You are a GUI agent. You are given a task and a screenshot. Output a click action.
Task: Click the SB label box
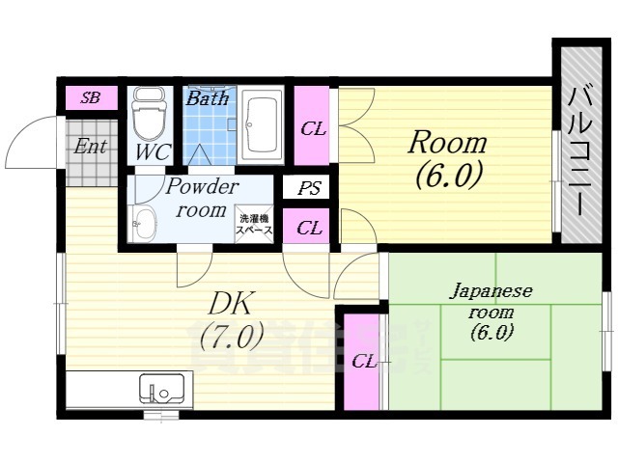pyautogui.click(x=91, y=97)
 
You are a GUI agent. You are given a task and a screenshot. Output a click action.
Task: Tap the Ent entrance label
pyautogui.click(x=91, y=147)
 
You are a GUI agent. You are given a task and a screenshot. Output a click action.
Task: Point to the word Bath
pyautogui.click(x=207, y=98)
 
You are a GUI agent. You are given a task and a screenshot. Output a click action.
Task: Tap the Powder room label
pyautogui.click(x=201, y=199)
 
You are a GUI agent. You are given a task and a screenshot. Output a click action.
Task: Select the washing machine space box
pyautogui.click(x=256, y=227)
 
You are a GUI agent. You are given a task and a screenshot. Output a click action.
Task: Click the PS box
pyautogui.click(x=309, y=189)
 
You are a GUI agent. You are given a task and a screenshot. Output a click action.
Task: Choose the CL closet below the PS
pyautogui.click(x=309, y=229)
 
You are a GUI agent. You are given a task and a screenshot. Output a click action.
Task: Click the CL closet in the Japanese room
pyautogui.click(x=364, y=362)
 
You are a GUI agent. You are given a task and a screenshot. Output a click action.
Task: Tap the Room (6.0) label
pyautogui.click(x=447, y=159)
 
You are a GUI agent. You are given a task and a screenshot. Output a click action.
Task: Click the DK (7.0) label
pyautogui.click(x=231, y=320)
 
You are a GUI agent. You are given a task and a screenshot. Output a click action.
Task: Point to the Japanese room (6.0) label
pyautogui.click(x=492, y=311)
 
